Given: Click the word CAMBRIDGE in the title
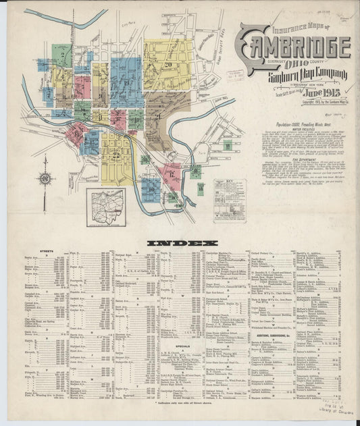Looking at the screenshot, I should pyautogui.click(x=294, y=48).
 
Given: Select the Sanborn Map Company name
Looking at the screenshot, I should pyautogui.click(x=308, y=74).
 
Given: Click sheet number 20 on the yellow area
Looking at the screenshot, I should pyautogui.click(x=167, y=65).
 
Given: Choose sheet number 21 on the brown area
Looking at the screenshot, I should pyautogui.click(x=157, y=116).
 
